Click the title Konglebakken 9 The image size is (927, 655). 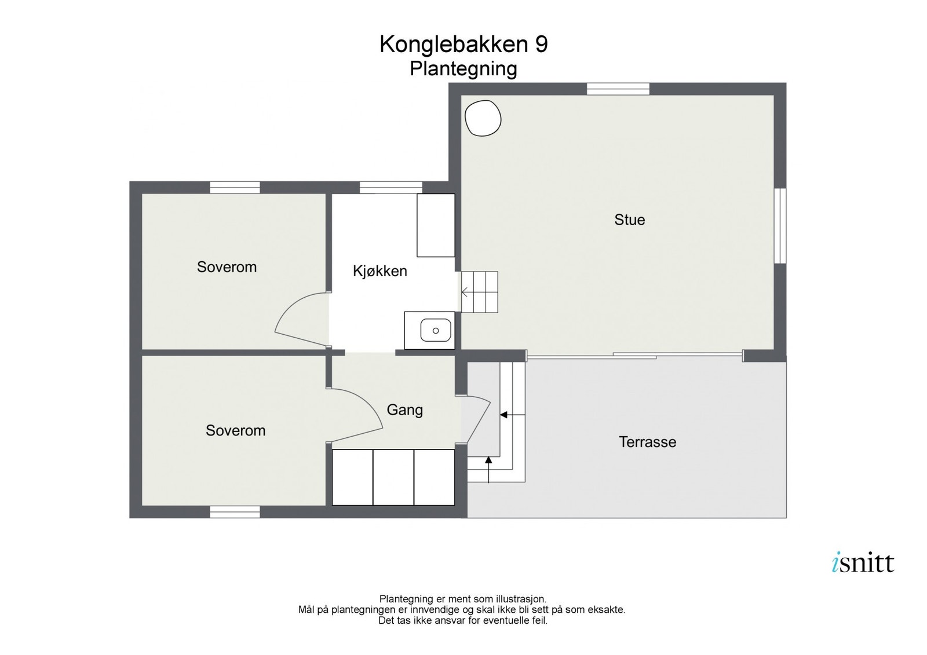[x=463, y=45]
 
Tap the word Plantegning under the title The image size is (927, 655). [x=463, y=69]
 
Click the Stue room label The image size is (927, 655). [x=629, y=220]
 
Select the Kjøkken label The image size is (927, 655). [x=380, y=271]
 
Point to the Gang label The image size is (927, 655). [x=404, y=410]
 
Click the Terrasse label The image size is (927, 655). [x=647, y=442]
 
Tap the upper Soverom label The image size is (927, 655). [x=227, y=267]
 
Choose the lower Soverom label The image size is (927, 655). [x=235, y=430]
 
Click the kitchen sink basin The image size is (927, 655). [x=435, y=330]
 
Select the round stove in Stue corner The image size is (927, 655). [x=483, y=118]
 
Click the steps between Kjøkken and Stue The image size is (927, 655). [x=480, y=292]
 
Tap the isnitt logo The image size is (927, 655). [x=863, y=563]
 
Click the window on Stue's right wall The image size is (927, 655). [x=780, y=226]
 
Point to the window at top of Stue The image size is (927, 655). [x=618, y=89]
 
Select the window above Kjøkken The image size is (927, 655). [x=390, y=188]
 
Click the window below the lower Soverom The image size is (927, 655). [x=235, y=512]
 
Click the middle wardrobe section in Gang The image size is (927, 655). [x=393, y=477]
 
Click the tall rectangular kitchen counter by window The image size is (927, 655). [x=436, y=225]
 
